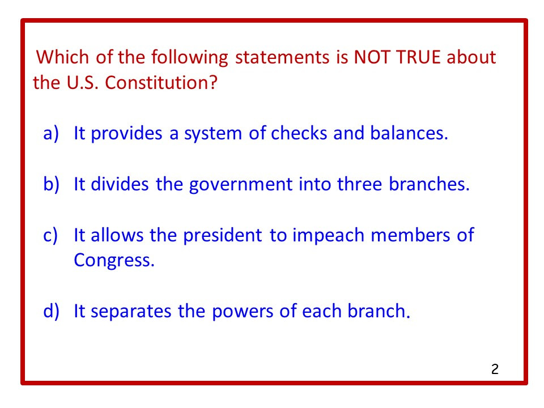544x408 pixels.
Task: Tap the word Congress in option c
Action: pos(113,261)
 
